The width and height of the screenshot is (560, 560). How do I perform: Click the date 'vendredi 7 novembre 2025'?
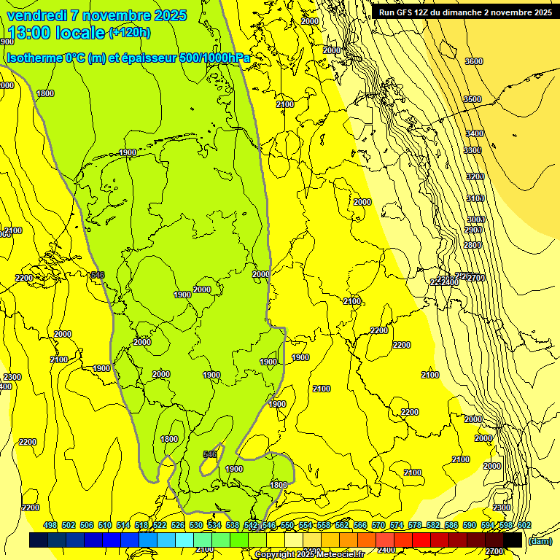(x=97, y=15)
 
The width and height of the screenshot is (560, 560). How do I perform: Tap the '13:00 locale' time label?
(x=55, y=32)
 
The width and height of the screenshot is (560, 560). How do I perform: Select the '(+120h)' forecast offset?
(x=129, y=32)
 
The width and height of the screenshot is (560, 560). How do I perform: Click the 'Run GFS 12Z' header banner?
(x=465, y=12)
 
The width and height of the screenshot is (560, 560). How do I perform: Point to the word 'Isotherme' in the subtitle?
(x=34, y=58)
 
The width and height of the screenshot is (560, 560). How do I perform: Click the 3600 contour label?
(x=474, y=61)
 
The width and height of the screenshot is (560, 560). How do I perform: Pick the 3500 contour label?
(x=472, y=99)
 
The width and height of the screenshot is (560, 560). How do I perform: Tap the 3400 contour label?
(x=474, y=133)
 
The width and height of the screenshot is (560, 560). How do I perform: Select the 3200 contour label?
(x=475, y=176)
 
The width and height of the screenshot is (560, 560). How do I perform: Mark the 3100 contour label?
(x=475, y=198)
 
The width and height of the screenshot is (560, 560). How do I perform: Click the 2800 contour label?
(x=472, y=245)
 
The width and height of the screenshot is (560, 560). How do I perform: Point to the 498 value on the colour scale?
(x=50, y=526)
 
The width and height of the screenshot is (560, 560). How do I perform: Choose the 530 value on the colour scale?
(x=196, y=526)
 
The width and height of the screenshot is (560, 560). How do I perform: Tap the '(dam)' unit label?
(x=540, y=542)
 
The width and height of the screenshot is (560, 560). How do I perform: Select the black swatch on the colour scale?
(x=513, y=540)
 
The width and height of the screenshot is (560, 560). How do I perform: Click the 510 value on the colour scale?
(x=105, y=526)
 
